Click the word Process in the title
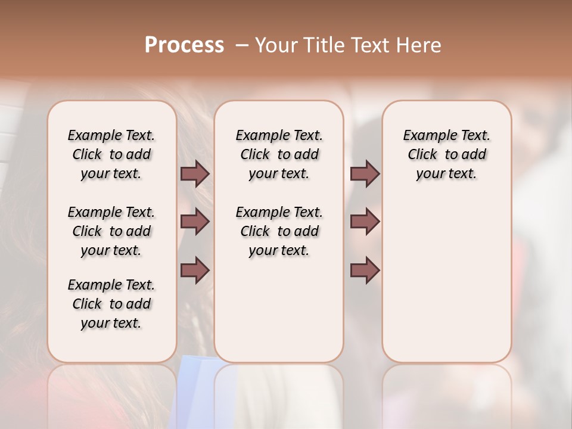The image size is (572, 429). point(184,45)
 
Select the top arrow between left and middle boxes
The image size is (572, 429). point(195,173)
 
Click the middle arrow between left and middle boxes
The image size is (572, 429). point(195,222)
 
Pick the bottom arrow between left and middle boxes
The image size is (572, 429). point(195,270)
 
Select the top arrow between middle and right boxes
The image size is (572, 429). point(365,173)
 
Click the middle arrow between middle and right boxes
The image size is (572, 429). point(365,222)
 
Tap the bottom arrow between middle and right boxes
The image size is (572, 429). point(365,270)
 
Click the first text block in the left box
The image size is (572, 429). point(111,154)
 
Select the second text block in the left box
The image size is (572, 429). point(111,231)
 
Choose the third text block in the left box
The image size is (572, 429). point(111,304)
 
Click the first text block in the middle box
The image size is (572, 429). point(279,154)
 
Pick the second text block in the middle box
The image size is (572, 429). point(279,231)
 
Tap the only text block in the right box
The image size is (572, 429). point(446,154)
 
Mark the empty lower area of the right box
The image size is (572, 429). point(446,286)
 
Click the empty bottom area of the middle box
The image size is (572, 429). point(279,316)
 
